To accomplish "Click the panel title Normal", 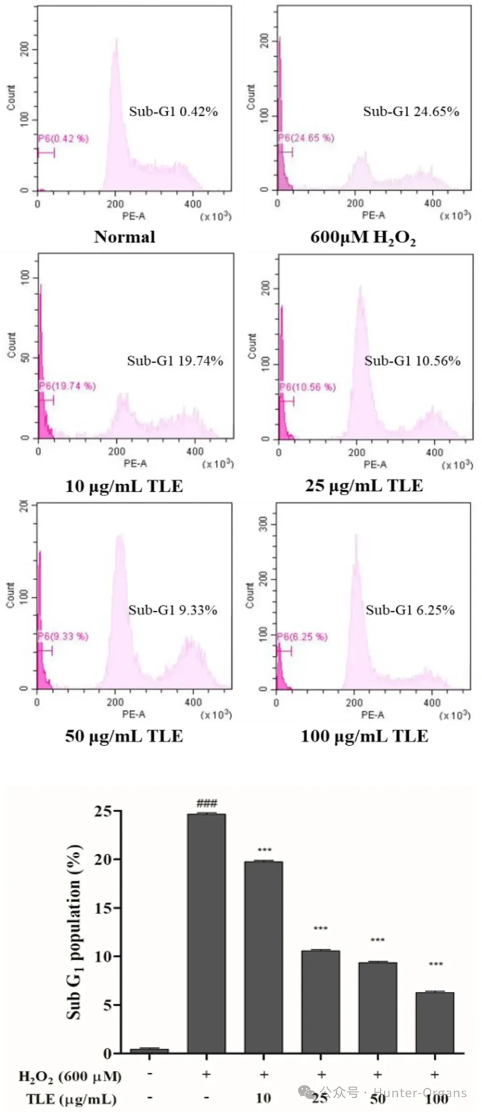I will pos(125,237).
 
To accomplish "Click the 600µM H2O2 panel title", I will pos(363,238).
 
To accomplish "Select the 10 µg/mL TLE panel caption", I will pos(124,486).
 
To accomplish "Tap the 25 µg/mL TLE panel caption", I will pos(364,486).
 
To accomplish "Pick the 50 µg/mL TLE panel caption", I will pos(124,736).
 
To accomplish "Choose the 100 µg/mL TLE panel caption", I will pos(364,736).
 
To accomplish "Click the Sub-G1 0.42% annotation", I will pos(174,112).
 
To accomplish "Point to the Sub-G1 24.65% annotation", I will pos(411,112).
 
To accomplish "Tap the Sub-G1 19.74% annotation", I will pos(175,361).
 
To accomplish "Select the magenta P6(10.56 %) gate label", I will pos(307,387).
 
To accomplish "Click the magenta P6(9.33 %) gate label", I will pos(63,636).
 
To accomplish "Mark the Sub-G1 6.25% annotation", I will pos(411,610).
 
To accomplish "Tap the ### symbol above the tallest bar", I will pos(206,803).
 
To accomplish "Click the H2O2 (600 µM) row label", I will pos(70,1075).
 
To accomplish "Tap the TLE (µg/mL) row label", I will pos(71,1099).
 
